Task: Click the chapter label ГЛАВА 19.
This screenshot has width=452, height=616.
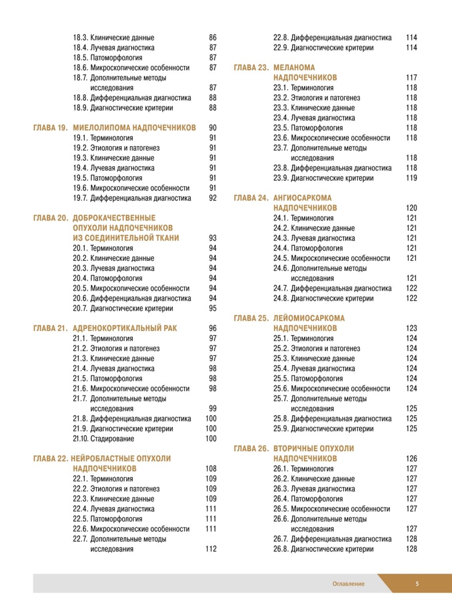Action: pyautogui.click(x=50, y=128)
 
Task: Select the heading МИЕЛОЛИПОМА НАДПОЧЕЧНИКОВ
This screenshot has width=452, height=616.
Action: pyautogui.click(x=134, y=128)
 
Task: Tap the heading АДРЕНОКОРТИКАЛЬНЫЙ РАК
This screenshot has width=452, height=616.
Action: pyautogui.click(x=125, y=329)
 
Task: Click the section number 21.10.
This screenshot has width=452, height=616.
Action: pyautogui.click(x=80, y=439)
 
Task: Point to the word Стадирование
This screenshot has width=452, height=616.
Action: pyautogui.click(x=112, y=439)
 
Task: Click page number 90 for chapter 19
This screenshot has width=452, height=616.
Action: pyautogui.click(x=213, y=128)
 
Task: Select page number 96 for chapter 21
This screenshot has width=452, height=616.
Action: pyautogui.click(x=213, y=329)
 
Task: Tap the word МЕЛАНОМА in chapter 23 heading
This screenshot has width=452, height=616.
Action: pyautogui.click(x=294, y=67)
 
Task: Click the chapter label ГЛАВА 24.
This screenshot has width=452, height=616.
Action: pyautogui.click(x=251, y=198)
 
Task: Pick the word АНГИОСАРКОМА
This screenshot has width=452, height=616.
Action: pyautogui.click(x=303, y=198)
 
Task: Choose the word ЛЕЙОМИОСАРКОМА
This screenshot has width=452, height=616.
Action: pyautogui.click(x=309, y=318)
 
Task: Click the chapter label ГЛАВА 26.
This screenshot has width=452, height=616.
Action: pyautogui.click(x=251, y=449)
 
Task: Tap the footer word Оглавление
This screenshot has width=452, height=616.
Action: pyautogui.click(x=348, y=584)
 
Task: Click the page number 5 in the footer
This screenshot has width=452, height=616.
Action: pyautogui.click(x=417, y=584)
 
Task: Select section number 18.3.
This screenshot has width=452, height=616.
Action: pyautogui.click(x=80, y=37)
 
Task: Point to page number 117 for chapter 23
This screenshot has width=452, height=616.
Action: pyautogui.click(x=411, y=78)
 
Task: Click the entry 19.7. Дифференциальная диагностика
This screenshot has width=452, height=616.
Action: pyautogui.click(x=132, y=198)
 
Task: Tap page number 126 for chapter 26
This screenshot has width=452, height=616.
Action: pyautogui.click(x=411, y=459)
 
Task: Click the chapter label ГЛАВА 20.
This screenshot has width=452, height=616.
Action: pyautogui.click(x=50, y=218)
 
